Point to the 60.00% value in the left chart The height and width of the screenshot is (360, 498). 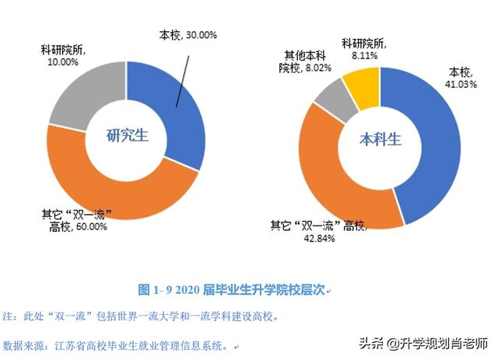point(86,227)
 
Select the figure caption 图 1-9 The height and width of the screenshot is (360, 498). point(233,290)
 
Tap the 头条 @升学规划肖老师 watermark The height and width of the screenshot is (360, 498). point(423,343)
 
